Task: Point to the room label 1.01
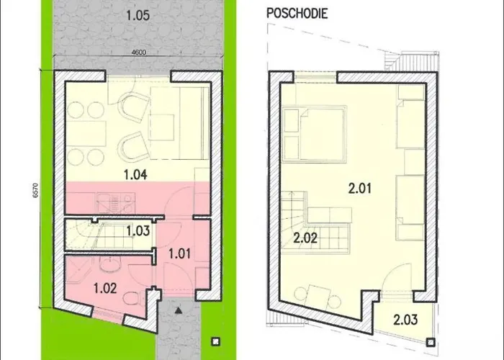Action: [x=179, y=253]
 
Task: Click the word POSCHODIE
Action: [x=297, y=14]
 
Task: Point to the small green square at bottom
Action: [x=213, y=341]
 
